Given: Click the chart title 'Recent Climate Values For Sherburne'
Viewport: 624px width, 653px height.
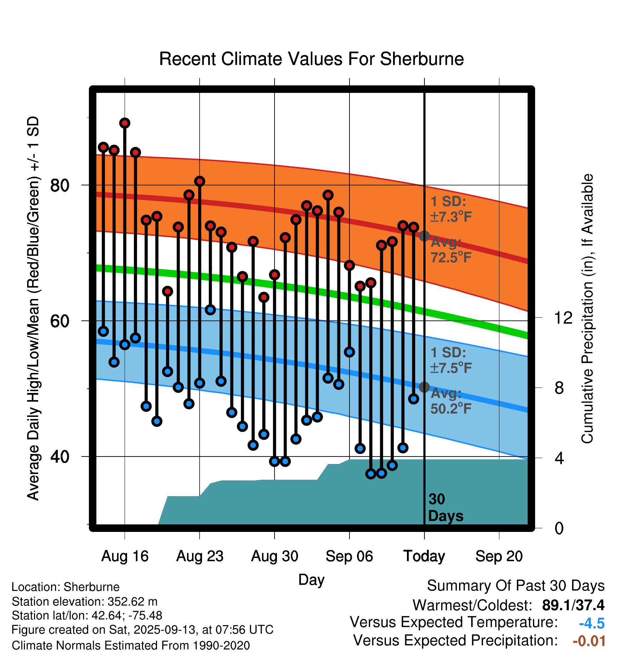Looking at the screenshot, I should point(311,59).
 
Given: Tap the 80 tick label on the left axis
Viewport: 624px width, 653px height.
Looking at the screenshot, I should point(60,185).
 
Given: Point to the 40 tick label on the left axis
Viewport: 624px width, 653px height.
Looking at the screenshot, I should point(60,457).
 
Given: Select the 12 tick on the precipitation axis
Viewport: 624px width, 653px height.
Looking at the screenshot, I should point(563,318).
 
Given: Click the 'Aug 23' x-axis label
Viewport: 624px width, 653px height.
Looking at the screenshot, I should point(200,556).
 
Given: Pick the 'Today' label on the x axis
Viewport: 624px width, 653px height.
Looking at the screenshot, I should point(424,556).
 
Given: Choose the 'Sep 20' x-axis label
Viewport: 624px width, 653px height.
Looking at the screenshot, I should point(499,556).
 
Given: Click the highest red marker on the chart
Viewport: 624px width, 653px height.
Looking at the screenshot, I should point(125,123).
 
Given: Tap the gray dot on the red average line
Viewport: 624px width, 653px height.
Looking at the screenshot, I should point(424,236).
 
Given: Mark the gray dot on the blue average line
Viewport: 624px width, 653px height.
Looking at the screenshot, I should point(424,387).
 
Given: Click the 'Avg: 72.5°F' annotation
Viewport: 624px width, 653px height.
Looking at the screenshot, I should point(451,250).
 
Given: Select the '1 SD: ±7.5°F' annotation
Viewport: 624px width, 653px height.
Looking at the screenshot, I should point(451,360).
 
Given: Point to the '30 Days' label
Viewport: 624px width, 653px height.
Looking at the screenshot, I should point(445,508).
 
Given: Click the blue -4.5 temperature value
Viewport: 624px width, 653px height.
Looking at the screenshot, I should point(592,623).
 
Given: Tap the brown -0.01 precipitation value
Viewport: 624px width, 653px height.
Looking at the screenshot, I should point(589,641).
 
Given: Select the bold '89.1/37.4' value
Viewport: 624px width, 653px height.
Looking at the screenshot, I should point(573,605).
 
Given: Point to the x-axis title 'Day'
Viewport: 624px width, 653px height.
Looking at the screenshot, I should point(311,579).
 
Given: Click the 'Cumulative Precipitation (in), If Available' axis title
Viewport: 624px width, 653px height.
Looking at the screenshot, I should point(587,309).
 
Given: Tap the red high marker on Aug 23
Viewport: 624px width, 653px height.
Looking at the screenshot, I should point(200,181).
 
